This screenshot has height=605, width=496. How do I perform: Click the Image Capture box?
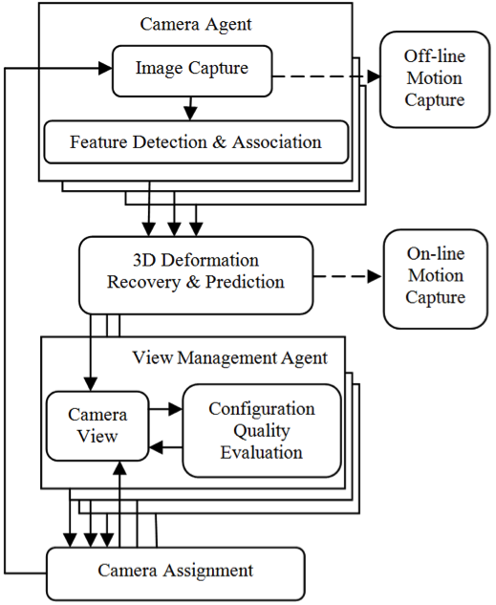click(x=192, y=71)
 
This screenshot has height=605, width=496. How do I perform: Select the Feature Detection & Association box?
click(x=196, y=142)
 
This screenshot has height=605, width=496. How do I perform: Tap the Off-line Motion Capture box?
click(x=435, y=79)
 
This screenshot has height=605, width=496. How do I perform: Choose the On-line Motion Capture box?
click(x=436, y=279)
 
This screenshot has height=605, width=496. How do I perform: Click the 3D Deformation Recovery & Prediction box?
click(x=196, y=275)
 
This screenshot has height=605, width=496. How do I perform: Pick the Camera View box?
click(x=97, y=426)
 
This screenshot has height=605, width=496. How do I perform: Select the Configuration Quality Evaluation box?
click(x=262, y=431)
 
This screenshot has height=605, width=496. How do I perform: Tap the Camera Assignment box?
click(x=176, y=573)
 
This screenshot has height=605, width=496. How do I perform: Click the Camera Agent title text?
click(x=196, y=24)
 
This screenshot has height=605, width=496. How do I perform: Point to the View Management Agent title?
click(x=230, y=357)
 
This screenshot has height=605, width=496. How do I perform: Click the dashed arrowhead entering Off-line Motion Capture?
click(x=374, y=76)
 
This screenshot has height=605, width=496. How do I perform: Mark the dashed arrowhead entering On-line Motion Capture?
click(x=374, y=276)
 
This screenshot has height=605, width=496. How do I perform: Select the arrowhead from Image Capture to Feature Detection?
click(x=190, y=114)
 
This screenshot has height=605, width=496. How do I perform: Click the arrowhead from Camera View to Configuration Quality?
click(x=176, y=409)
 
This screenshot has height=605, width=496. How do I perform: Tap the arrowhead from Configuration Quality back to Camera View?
click(x=156, y=447)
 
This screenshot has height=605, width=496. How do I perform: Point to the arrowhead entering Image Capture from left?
click(x=105, y=68)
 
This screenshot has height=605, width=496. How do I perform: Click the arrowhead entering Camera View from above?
click(x=91, y=384)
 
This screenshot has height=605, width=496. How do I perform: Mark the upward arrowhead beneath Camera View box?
click(x=120, y=467)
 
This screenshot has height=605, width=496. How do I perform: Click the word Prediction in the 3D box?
click(x=245, y=282)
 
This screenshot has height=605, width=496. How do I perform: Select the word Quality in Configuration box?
click(x=262, y=431)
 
